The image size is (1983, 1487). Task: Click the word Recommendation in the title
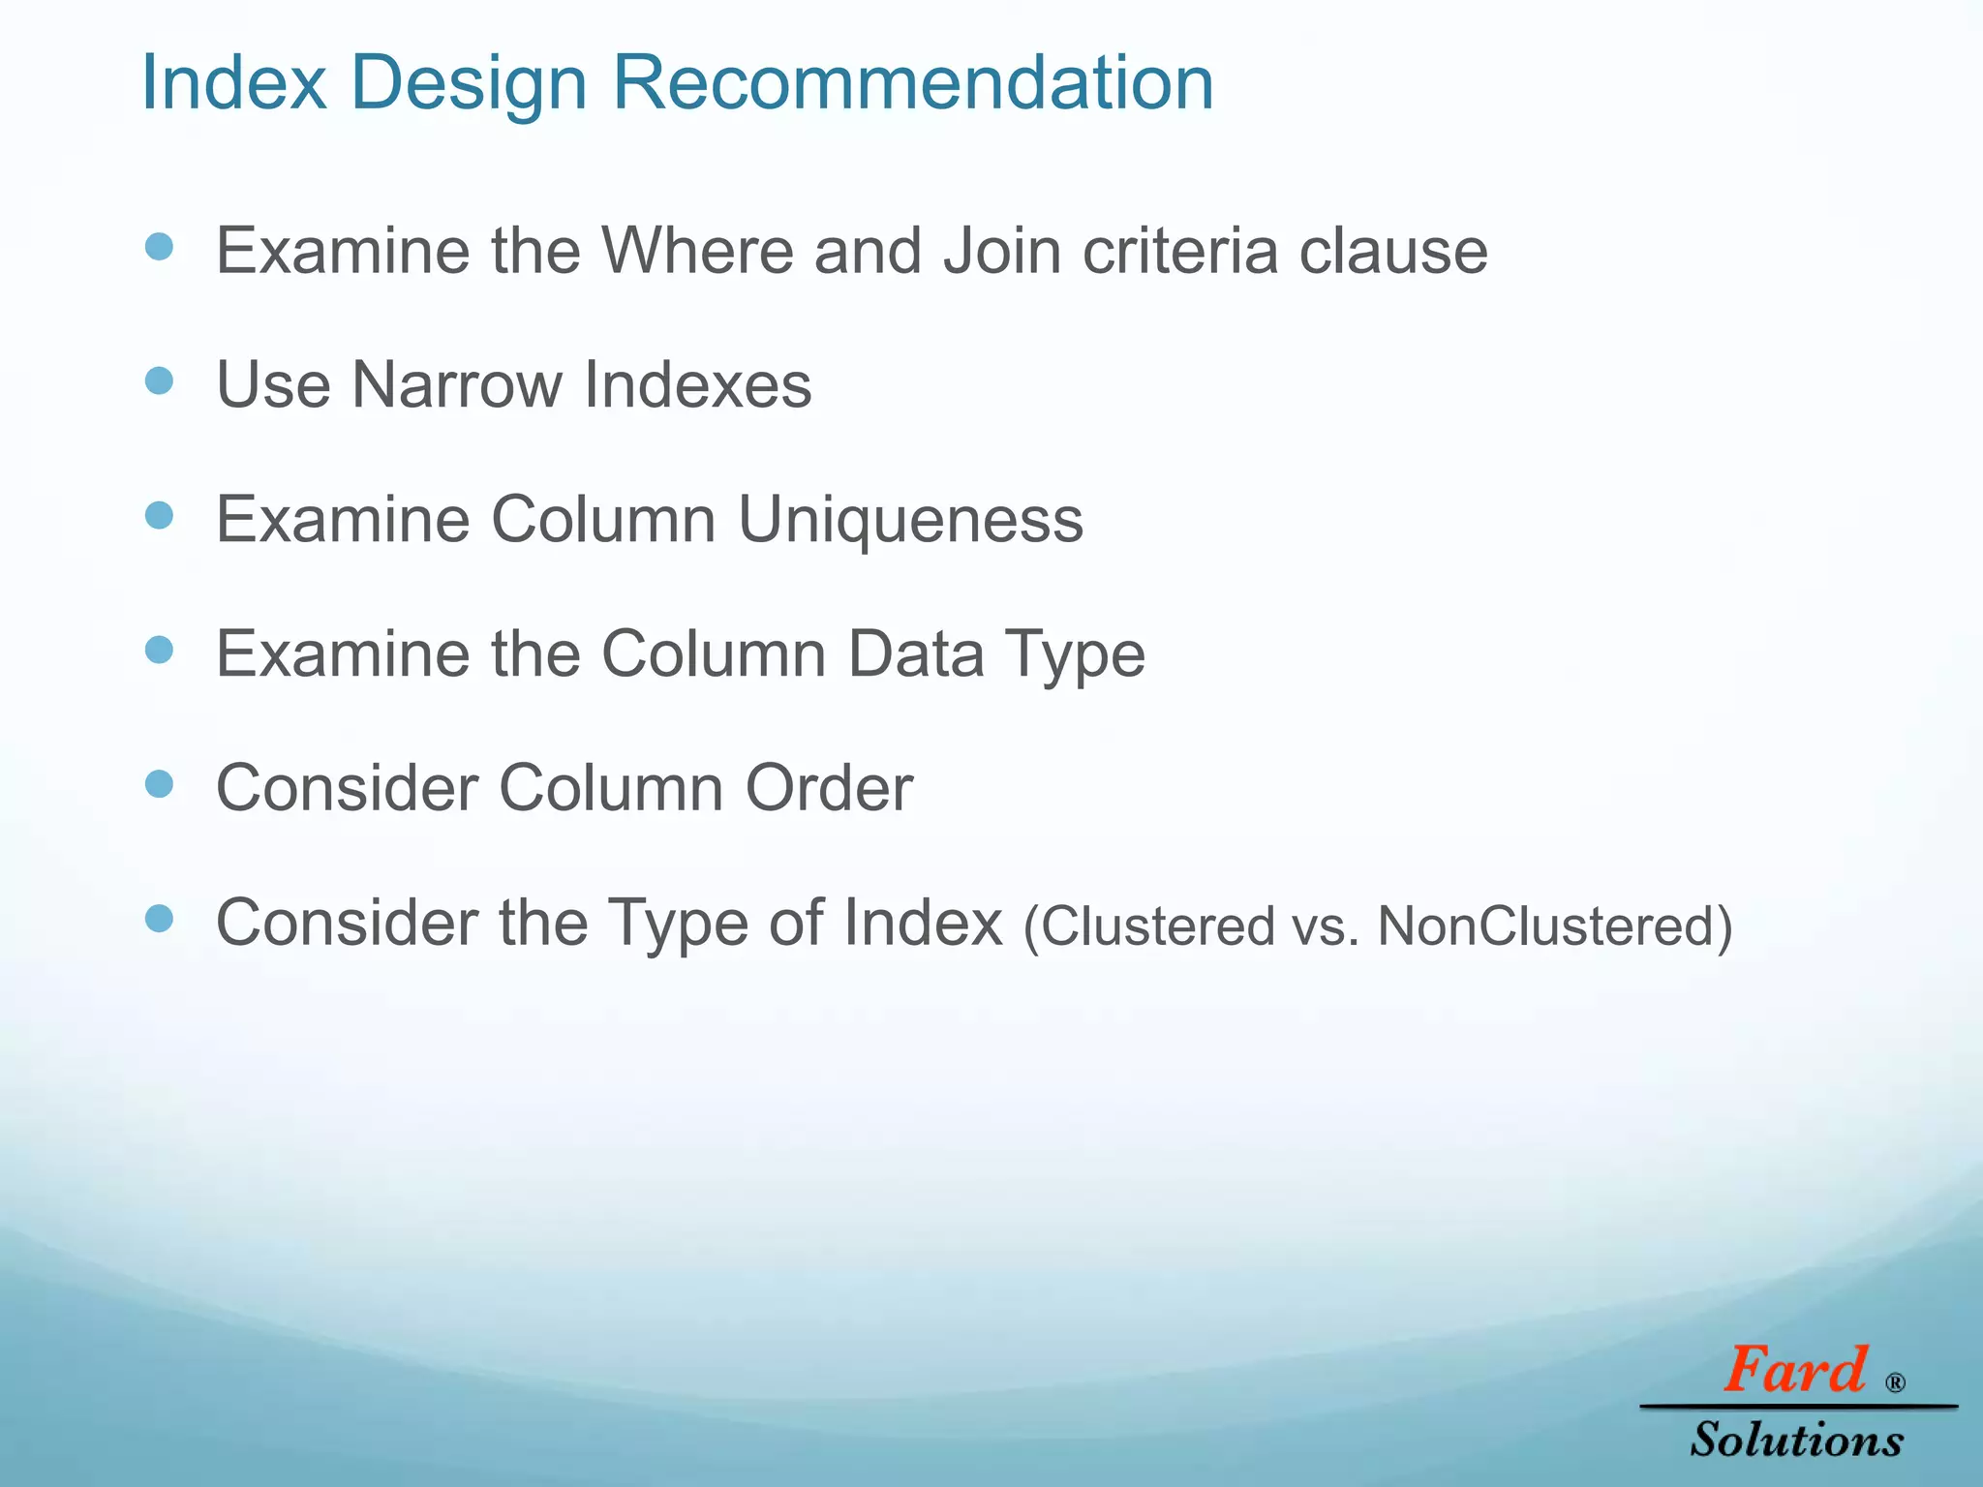(x=912, y=83)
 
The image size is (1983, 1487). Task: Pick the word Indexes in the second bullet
(x=698, y=385)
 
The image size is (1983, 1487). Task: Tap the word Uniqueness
(x=910, y=520)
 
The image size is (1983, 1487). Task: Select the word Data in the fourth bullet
(x=917, y=654)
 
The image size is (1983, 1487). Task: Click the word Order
(x=829, y=788)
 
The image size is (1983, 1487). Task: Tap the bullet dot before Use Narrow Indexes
(x=159, y=380)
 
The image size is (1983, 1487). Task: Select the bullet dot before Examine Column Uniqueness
(x=159, y=515)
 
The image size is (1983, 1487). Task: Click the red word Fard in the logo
(x=1794, y=1371)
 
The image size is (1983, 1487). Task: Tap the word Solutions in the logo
(x=1797, y=1440)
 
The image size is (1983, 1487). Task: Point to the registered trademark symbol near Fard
(x=1895, y=1382)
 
